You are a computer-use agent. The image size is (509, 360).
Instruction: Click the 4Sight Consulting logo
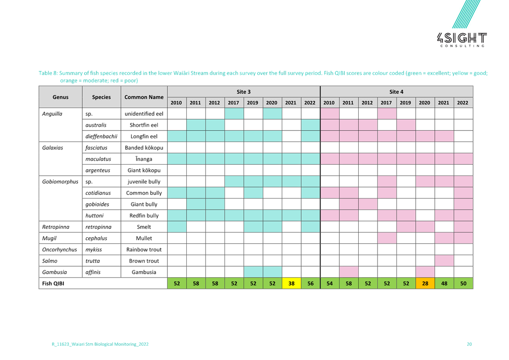pyautogui.click(x=461, y=28)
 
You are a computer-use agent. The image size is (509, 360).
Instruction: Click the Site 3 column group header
pyautogui.click(x=243, y=92)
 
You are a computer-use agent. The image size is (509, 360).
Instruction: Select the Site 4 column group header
pyautogui.click(x=396, y=92)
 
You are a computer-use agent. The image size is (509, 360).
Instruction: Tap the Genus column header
pyautogui.click(x=60, y=97)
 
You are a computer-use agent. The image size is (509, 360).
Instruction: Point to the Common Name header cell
pyautogui.click(x=144, y=97)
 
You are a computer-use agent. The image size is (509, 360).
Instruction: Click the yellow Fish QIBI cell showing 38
pyautogui.click(x=291, y=284)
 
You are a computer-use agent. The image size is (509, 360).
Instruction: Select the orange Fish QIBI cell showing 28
pyautogui.click(x=425, y=284)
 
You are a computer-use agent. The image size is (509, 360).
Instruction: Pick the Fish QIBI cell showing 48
pyautogui.click(x=444, y=284)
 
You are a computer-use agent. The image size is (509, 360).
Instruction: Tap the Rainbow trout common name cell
pyautogui.click(x=144, y=250)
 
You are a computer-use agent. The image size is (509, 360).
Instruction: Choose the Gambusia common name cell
pyautogui.click(x=144, y=272)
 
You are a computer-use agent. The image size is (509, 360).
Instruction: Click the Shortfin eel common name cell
pyautogui.click(x=144, y=125)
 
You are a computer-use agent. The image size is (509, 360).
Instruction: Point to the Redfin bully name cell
pyautogui.click(x=144, y=216)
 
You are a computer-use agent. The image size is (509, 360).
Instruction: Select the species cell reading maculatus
pyautogui.click(x=102, y=159)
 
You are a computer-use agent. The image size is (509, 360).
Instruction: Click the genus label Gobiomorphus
pyautogui.click(x=60, y=182)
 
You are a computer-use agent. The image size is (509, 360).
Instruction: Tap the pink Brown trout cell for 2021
pyautogui.click(x=444, y=261)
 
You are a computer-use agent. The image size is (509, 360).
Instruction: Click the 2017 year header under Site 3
pyautogui.click(x=234, y=103)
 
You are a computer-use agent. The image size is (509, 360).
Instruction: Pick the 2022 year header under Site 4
pyautogui.click(x=463, y=103)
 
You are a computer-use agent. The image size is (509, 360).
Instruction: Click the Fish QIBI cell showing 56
pyautogui.click(x=310, y=284)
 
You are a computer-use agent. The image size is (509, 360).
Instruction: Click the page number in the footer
pyautogui.click(x=469, y=344)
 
